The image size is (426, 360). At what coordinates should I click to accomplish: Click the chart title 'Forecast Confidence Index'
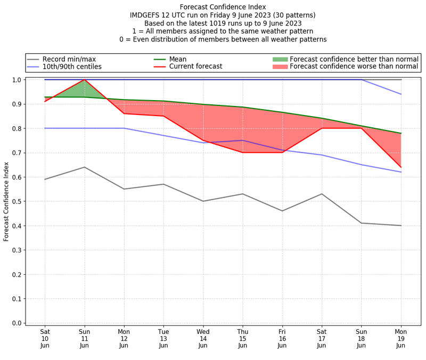point(223,7)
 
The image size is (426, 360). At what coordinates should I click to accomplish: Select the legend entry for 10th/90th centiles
point(72,67)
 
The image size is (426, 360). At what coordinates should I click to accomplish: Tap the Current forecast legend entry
point(195,67)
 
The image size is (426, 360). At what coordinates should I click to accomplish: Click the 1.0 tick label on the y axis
point(17,80)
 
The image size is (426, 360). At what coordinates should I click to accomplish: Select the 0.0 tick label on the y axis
point(17,323)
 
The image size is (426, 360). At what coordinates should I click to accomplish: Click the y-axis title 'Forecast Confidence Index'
point(6,201)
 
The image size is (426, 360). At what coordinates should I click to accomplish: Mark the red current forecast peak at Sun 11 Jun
point(84,80)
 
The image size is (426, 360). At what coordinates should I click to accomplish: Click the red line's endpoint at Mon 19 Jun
point(401,167)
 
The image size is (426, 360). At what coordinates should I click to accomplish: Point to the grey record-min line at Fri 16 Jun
point(282,211)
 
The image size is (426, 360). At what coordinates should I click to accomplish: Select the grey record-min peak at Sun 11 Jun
point(84,167)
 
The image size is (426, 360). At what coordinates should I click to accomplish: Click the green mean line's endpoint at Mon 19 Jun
point(401,133)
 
